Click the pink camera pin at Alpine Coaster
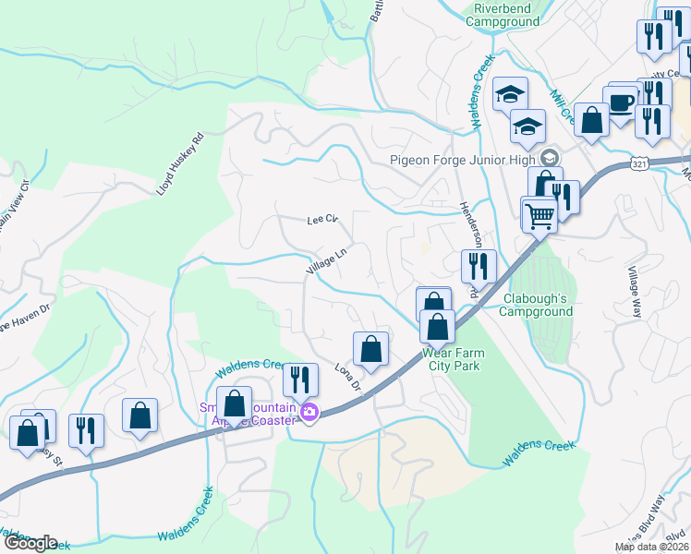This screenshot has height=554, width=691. tap(309, 415)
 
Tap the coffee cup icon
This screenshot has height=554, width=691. tap(620, 102)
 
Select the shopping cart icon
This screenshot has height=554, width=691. tap(540, 215)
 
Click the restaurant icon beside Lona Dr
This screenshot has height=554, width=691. tap(300, 379)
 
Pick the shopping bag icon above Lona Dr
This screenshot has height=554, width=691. tap(370, 348)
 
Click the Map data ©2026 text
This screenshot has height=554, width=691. tap(651, 547)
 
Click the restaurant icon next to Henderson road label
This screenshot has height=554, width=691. tap(479, 266)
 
